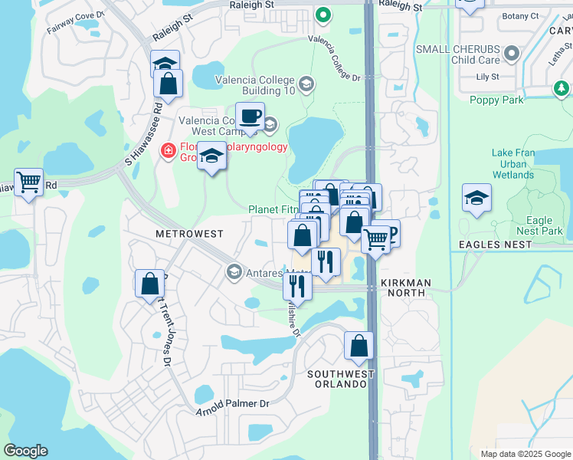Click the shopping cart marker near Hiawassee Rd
28,182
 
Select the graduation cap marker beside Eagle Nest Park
476,199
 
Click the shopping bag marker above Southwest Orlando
359,347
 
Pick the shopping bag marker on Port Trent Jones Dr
149,284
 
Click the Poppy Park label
496,100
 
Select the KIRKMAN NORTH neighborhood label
406,283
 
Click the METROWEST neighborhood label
189,233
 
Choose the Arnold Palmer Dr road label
234,407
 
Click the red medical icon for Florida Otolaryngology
168,150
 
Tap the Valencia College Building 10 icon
306,84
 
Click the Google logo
25,451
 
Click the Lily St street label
487,77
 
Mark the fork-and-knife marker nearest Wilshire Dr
296,286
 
